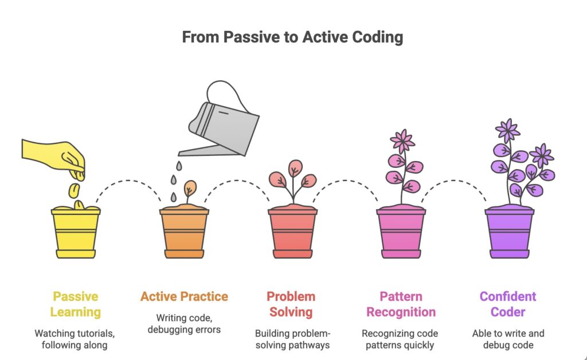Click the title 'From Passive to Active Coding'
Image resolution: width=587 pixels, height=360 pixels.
coord(292,38)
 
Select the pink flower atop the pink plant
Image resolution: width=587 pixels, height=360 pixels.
coord(402,140)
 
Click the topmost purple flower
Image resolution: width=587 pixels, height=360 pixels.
coord(507,130)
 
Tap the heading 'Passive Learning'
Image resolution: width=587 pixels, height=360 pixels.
coord(75,304)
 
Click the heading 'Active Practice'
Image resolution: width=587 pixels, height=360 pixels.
coord(184,296)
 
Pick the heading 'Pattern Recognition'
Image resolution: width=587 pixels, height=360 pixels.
coord(401,304)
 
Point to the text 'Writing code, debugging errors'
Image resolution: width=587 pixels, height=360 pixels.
coord(184,323)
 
